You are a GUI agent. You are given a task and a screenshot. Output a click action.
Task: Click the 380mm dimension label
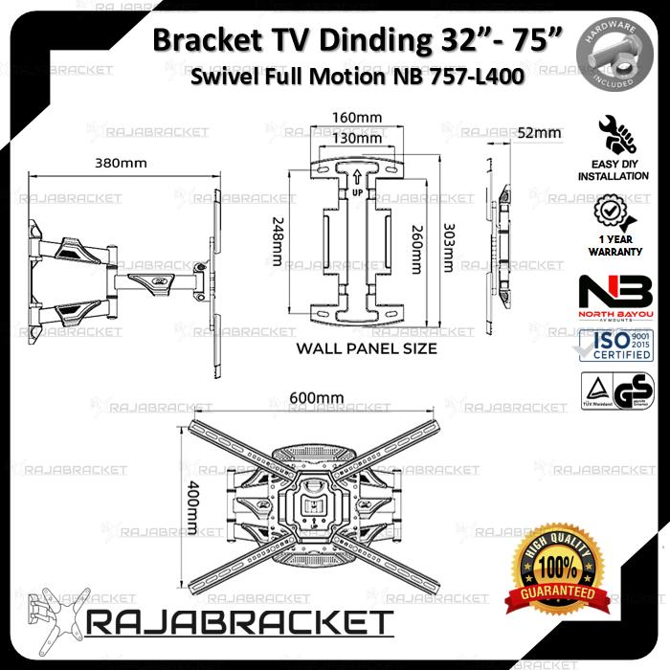(x=121, y=164)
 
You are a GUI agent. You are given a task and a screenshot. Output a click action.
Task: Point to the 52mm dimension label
(x=540, y=133)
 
